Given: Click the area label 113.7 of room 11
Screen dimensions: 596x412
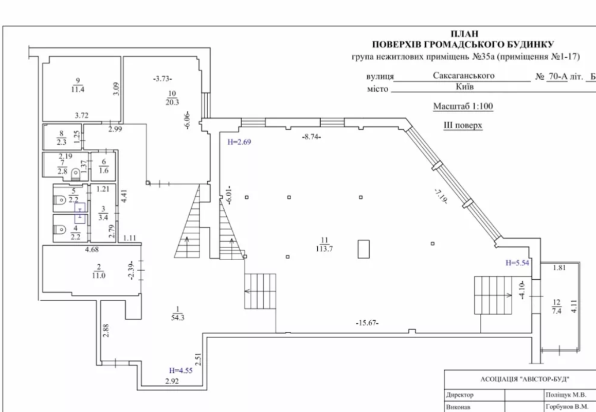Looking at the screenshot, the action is click(x=324, y=249).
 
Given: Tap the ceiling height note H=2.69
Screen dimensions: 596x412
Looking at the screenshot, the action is click(x=239, y=142).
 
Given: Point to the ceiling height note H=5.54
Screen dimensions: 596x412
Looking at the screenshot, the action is click(x=517, y=263).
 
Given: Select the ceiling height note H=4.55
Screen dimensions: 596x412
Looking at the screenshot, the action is click(x=181, y=370).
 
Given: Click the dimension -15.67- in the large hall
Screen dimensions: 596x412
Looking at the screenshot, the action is click(x=367, y=323).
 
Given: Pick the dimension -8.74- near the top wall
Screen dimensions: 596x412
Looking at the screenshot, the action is click(x=311, y=136).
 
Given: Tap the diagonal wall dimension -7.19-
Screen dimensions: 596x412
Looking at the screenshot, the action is click(x=440, y=197).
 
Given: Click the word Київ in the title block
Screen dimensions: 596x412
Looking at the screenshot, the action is click(x=464, y=87).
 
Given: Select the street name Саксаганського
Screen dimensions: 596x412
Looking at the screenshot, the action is click(x=464, y=75).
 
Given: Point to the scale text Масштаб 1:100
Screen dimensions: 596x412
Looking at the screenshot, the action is click(x=463, y=106).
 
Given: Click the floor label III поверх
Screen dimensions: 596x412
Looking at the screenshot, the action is click(x=463, y=125).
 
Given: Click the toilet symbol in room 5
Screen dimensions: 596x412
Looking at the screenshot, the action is click(x=61, y=200).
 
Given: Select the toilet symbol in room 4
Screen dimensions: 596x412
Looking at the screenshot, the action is click(x=61, y=230).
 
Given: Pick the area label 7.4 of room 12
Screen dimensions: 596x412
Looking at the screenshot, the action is click(x=556, y=311).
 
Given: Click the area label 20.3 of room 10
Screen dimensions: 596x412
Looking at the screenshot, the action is click(x=172, y=102).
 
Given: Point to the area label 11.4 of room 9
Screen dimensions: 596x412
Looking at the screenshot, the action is click(x=78, y=90).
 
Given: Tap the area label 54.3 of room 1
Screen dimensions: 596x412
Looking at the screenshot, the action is click(x=177, y=318).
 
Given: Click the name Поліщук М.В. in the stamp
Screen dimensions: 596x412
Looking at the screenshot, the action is click(x=566, y=395).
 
